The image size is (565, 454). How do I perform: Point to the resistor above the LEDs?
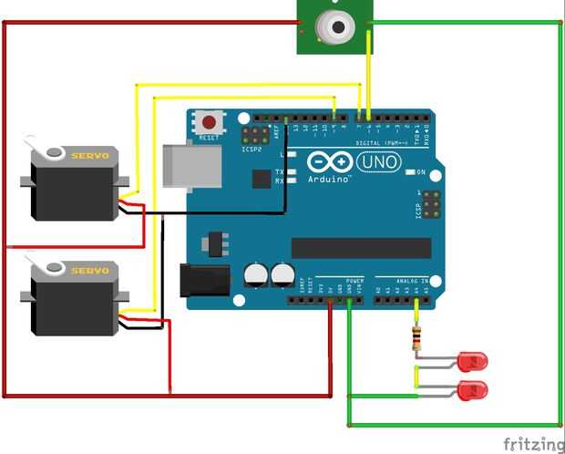[x=417, y=337]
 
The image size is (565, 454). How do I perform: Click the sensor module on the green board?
[x=334, y=27]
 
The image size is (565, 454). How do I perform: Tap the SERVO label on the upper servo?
[x=90, y=156]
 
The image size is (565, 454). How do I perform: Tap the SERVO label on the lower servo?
[x=90, y=271]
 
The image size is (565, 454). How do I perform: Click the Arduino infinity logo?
[x=329, y=163]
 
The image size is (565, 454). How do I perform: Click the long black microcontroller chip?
[x=361, y=248]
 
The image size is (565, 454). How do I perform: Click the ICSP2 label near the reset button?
[x=252, y=148]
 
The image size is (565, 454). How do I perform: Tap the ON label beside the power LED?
[x=421, y=171]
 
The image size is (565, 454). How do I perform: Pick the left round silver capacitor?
[x=256, y=273]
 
